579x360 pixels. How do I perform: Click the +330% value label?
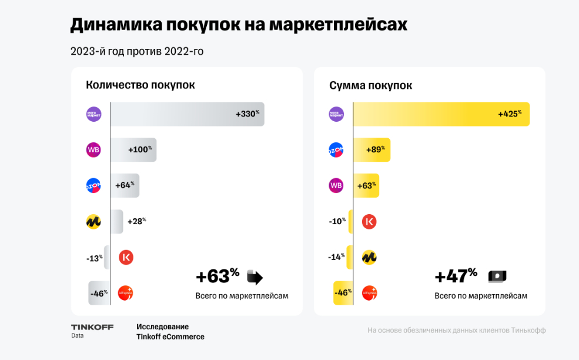coord(247,114)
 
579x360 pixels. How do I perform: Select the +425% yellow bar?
coord(441,114)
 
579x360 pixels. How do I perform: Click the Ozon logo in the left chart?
coord(93,186)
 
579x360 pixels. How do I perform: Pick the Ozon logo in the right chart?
coord(336,150)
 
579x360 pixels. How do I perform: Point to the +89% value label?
coord(374,150)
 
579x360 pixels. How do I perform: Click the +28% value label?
coord(136,221)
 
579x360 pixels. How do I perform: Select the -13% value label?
coord(94,258)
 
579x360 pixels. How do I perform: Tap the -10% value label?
coord(337,222)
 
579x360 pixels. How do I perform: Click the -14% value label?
coord(337,257)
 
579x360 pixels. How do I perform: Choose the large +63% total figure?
coord(217,276)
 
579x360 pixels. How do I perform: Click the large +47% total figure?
coord(456,276)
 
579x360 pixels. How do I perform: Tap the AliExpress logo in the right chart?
coord(369,293)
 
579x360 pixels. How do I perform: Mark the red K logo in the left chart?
coord(126,257)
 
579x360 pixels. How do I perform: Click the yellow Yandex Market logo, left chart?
coord(93,222)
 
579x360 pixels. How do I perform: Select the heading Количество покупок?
coord(140,85)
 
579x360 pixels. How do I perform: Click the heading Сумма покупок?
coord(370,85)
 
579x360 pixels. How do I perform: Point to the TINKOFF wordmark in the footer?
coord(92,327)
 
